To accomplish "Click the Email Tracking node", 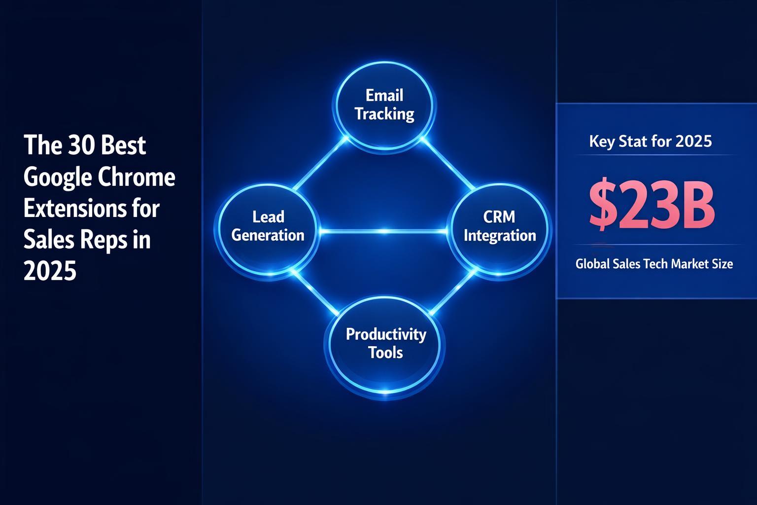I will pos(384,105).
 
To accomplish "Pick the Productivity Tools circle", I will pos(385,344).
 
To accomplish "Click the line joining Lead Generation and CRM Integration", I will pos(384,231).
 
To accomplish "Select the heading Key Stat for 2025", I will pos(651,142).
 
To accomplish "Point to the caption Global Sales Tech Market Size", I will pos(654,264).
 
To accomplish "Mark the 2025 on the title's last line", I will pos(50,271).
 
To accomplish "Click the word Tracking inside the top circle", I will pos(384,114).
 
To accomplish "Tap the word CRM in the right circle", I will pos(499,217).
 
